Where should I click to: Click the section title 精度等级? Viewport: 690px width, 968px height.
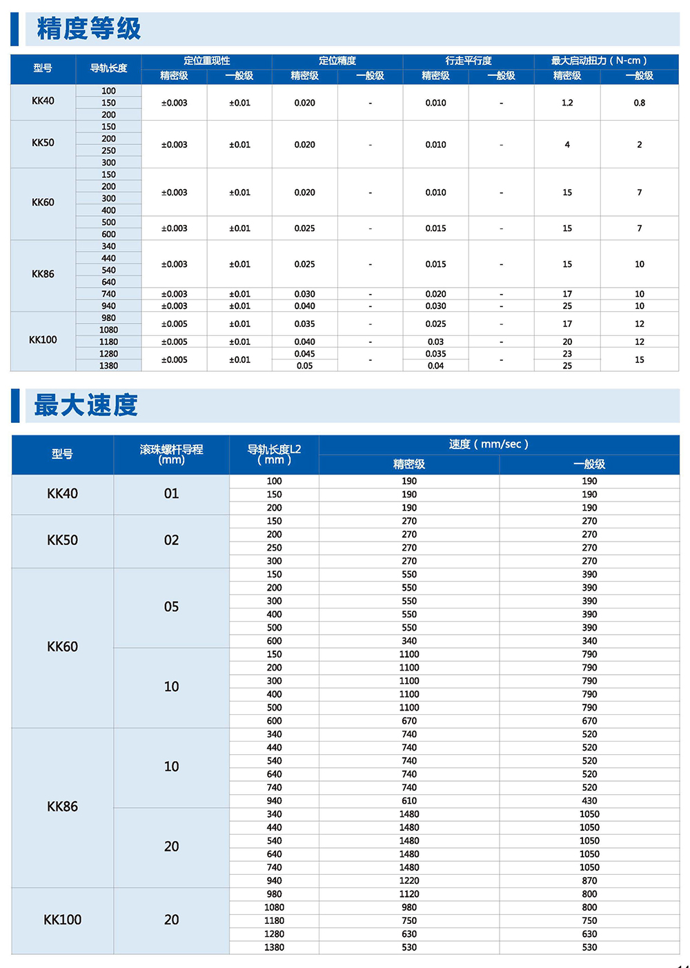tap(88, 29)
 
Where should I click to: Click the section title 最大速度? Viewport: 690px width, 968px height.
tap(86, 405)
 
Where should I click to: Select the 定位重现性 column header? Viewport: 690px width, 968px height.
tap(206, 61)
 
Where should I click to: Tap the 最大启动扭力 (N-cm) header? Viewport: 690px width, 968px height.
tap(599, 61)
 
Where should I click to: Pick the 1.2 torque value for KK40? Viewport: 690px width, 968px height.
tap(567, 103)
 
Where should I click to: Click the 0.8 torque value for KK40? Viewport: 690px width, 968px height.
tap(640, 103)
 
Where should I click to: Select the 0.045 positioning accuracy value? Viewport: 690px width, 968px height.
tap(304, 354)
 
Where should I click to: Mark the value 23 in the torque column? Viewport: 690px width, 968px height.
tap(567, 354)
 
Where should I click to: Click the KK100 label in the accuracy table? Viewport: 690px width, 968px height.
tap(43, 340)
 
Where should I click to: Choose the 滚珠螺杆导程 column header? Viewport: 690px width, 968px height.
tap(171, 454)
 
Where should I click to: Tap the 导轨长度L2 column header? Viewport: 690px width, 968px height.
tap(274, 454)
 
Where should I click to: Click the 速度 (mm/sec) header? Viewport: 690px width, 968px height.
tap(489, 444)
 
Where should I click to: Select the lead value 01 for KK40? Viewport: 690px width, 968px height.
tap(171, 494)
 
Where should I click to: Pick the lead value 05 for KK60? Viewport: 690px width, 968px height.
tap(171, 607)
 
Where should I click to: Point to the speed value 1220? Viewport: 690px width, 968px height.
tap(409, 881)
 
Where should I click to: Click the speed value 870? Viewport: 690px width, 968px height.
tap(589, 881)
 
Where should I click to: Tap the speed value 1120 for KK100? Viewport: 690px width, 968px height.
tap(409, 894)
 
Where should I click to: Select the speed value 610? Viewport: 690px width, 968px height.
tap(409, 801)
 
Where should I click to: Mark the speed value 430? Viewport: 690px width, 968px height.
tap(589, 801)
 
